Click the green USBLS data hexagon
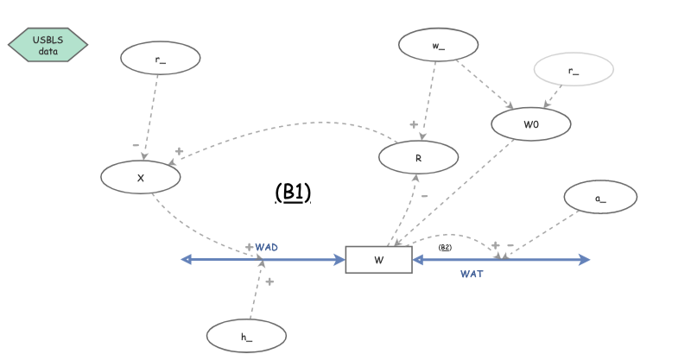pos(48,45)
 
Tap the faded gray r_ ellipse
pos(574,69)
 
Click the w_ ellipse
pos(437,46)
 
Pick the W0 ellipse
pos(531,123)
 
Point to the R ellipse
pos(418,156)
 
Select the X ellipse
pos(141,176)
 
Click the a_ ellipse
pos(600,197)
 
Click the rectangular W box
pos(378,260)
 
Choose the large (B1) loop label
pos(292,192)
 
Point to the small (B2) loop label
pos(446,248)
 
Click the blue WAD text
pos(266,247)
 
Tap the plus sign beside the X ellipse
pos(179,152)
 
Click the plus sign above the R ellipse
pos(414,125)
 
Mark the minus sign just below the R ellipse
pos(424,196)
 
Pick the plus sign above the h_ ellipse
pos(269,282)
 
